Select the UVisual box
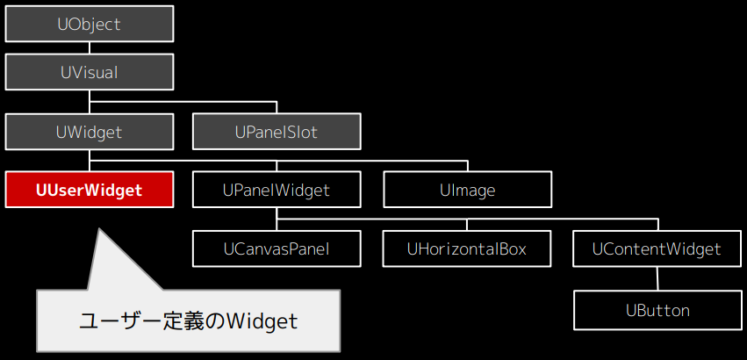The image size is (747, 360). point(89,72)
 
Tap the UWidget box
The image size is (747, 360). point(89,132)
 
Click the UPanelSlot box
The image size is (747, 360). point(277,132)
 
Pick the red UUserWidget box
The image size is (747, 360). point(89,190)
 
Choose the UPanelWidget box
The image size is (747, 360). point(277,190)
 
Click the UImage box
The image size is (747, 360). point(468,190)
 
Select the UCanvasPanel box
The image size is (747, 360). point(277,248)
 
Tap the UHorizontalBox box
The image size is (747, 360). point(467,248)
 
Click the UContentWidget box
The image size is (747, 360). point(657,248)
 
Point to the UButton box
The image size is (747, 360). point(657,311)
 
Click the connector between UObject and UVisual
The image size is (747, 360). point(89,48)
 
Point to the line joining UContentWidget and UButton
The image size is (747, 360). point(657,279)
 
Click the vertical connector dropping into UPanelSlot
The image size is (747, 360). point(277,108)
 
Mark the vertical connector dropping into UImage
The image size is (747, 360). point(468,166)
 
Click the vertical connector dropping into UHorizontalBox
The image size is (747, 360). point(467,225)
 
